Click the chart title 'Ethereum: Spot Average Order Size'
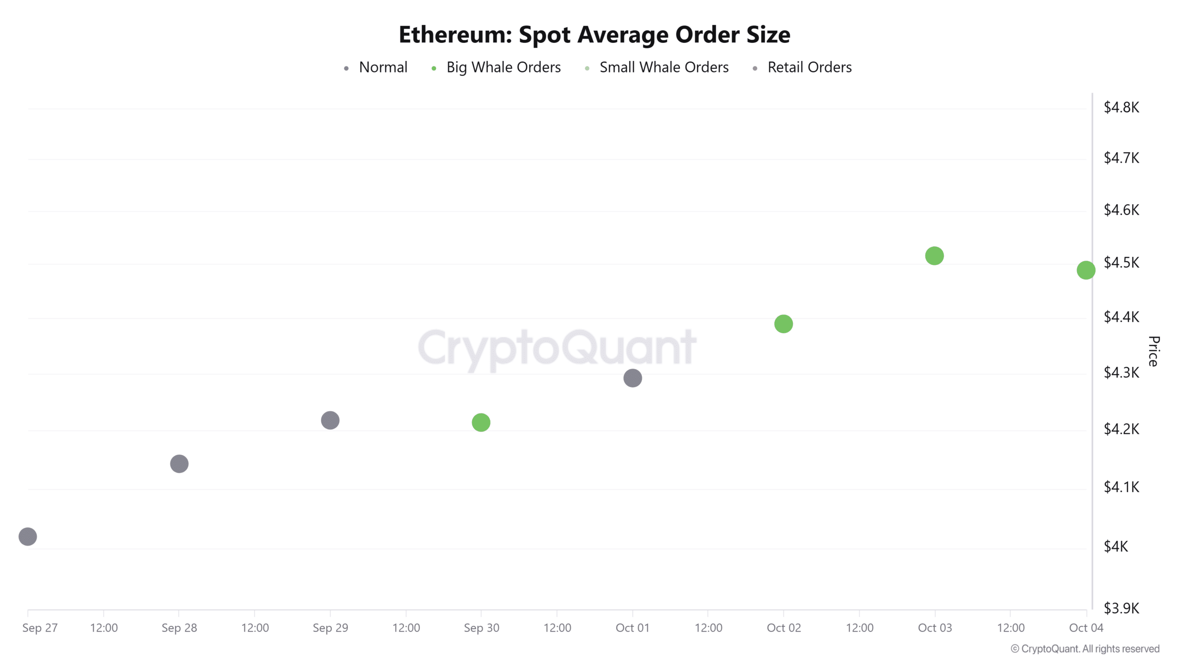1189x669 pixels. coord(594,34)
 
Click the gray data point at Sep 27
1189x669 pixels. coord(28,537)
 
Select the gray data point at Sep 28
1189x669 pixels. coord(179,464)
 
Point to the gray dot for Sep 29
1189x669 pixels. coord(330,420)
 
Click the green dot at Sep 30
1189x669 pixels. coord(481,422)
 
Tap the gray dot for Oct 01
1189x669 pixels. coord(633,378)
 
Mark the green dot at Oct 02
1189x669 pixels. coord(784,324)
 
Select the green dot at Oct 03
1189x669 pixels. coord(934,256)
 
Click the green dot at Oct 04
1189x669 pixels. coord(1086,270)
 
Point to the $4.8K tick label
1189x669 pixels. coord(1121,108)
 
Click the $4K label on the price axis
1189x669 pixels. coord(1116,546)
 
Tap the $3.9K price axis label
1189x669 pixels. coord(1121,608)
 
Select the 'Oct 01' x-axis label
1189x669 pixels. coord(632,628)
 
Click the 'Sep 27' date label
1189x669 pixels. coord(40,628)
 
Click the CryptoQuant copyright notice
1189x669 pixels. coord(1085,649)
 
